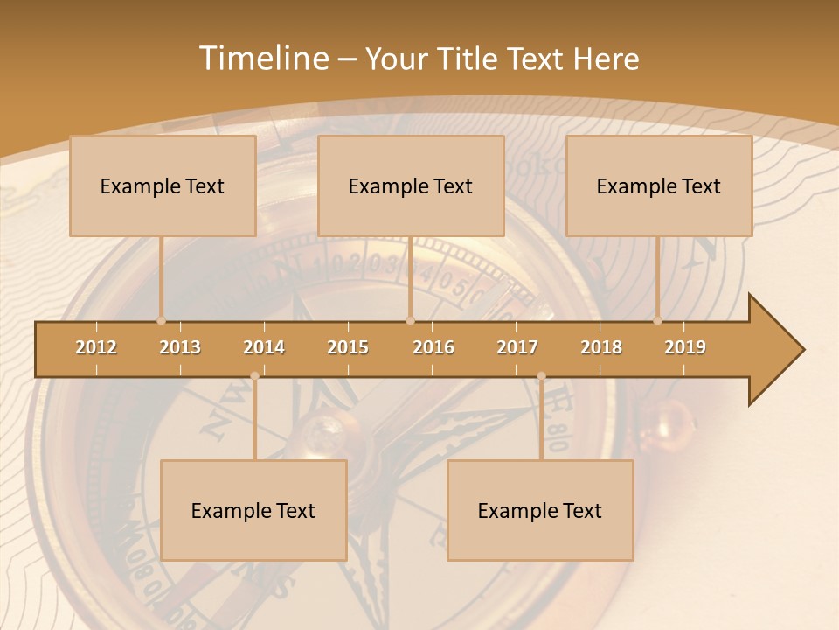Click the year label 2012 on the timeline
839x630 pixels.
tap(96, 347)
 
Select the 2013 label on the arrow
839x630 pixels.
tap(180, 347)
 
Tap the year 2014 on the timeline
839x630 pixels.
tap(264, 347)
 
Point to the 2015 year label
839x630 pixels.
tap(348, 347)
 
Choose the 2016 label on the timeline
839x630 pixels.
tap(433, 347)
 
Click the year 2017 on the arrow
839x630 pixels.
tap(517, 347)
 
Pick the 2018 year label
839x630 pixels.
tap(601, 347)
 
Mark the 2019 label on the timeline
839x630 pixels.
tap(685, 347)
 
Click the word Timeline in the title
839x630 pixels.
tap(262, 59)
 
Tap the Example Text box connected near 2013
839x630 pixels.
tap(163, 185)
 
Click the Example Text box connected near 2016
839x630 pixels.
tap(411, 185)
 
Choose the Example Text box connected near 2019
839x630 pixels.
tap(659, 185)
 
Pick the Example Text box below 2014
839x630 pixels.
tap(253, 510)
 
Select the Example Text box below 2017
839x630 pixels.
tap(540, 510)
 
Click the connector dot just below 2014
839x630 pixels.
tap(254, 376)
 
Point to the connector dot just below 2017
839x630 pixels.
tap(541, 376)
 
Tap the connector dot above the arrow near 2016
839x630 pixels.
tap(410, 320)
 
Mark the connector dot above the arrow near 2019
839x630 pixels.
tap(658, 320)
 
